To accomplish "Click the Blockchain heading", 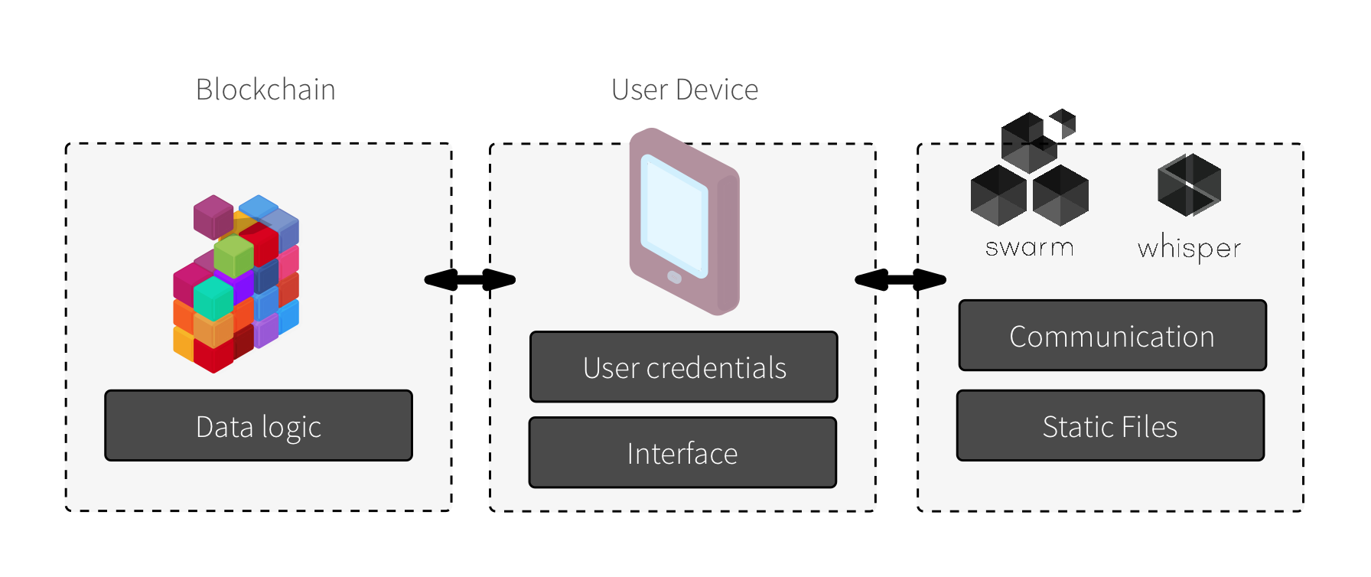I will tap(265, 90).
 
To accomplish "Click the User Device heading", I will tap(685, 90).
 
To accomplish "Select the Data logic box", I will tap(259, 426).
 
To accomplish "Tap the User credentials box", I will tap(684, 367).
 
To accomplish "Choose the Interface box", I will tap(682, 453).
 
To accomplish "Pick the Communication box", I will tap(1112, 336).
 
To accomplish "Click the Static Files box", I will tap(1110, 426).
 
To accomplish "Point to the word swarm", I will tap(1030, 247).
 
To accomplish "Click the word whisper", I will tap(1189, 249).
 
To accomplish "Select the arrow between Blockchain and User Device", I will tap(470, 280).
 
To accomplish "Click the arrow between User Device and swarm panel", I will tap(900, 280).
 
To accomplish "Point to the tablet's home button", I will tap(674, 277).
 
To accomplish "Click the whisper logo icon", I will tap(1189, 185).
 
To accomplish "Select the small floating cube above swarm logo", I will tap(1063, 122).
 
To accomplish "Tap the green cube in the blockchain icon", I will tap(234, 255).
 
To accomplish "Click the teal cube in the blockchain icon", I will tap(213, 298).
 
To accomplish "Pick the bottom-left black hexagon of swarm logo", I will tap(998, 195).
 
